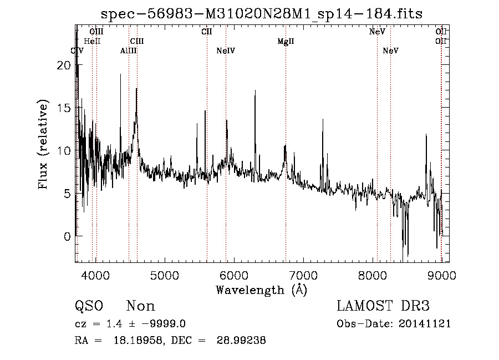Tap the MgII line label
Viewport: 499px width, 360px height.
[x=286, y=42]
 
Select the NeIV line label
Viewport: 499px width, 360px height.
[x=226, y=51]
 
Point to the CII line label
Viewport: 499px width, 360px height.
[x=207, y=32]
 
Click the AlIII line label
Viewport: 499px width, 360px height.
[x=129, y=51]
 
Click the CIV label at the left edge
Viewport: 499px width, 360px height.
[x=78, y=51]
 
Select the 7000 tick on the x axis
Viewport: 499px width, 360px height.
[x=303, y=276]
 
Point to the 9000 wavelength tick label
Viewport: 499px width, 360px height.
[x=441, y=276]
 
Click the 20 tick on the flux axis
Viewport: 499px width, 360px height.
[x=64, y=65]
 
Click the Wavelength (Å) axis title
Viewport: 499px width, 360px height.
[x=261, y=290]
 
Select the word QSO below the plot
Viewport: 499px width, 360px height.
[x=89, y=306]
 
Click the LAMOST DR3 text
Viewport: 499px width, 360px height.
[x=383, y=306]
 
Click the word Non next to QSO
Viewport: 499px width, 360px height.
[x=141, y=306]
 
